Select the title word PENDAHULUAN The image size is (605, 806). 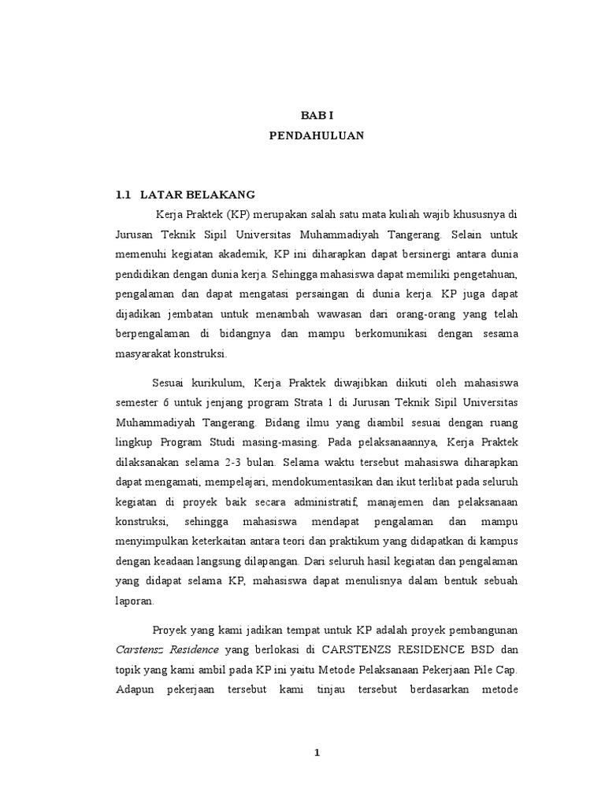pos(317,135)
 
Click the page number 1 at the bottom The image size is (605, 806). pos(317,752)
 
